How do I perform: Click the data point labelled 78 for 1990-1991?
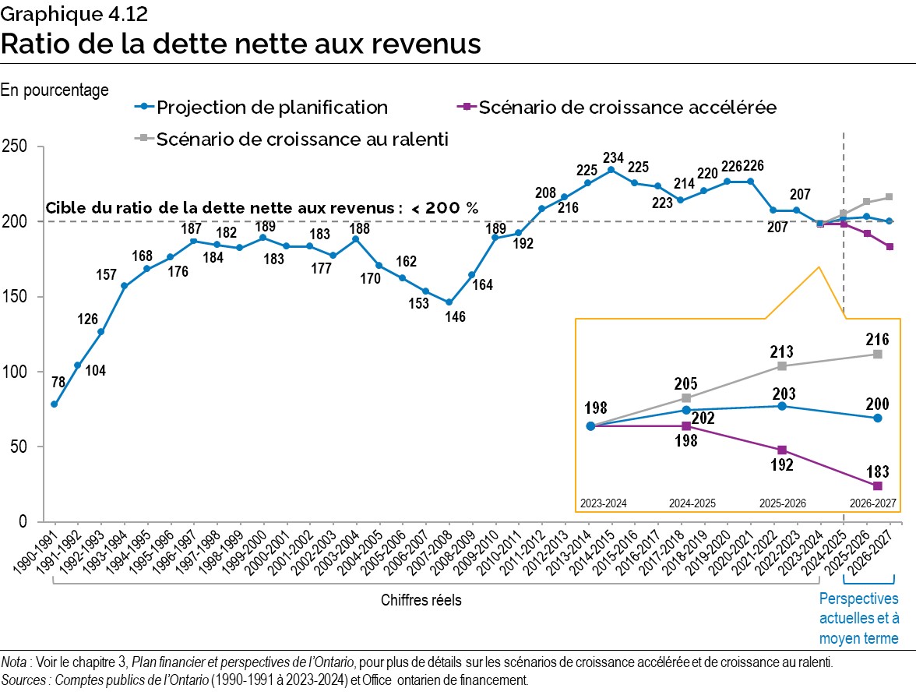(x=54, y=404)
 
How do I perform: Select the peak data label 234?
(x=611, y=154)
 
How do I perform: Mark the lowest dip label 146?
(x=449, y=317)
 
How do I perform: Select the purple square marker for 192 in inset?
(x=782, y=450)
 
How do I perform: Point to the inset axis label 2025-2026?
(x=782, y=503)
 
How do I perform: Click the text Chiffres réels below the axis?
(x=421, y=600)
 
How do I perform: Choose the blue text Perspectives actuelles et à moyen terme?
(x=858, y=619)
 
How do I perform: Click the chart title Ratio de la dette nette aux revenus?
(x=241, y=44)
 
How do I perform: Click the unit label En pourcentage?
(x=55, y=90)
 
